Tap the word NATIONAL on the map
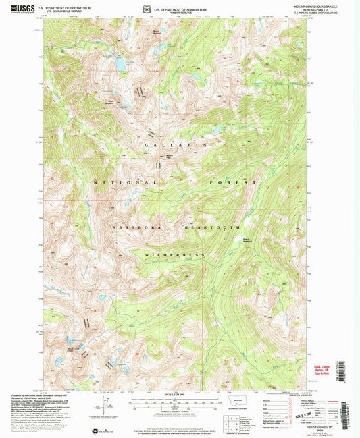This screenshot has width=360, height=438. coord(125,183)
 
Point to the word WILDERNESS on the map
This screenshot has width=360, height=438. coord(184,254)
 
